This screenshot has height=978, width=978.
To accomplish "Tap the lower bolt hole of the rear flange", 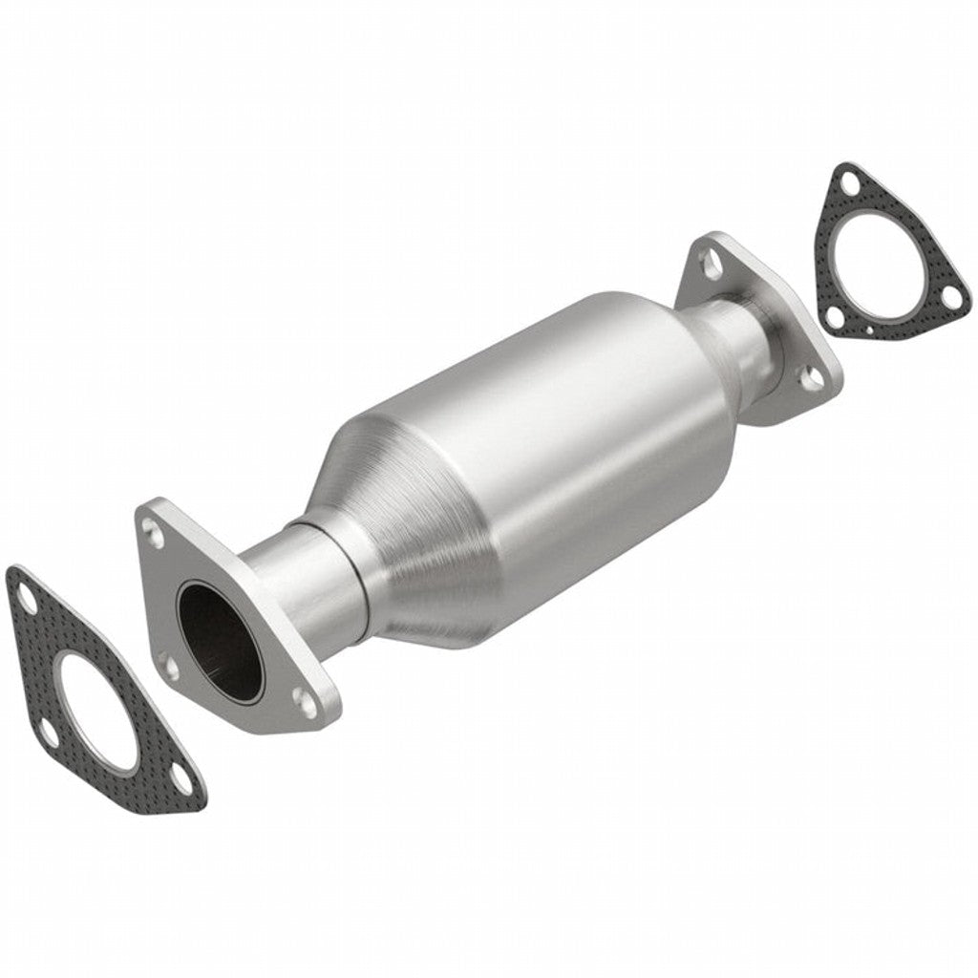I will (813, 377).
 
